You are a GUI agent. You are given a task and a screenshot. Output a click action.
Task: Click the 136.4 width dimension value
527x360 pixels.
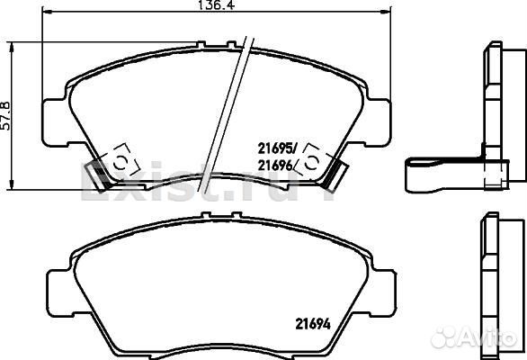coord(216,5)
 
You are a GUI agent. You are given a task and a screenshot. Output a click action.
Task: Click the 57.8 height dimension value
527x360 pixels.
coord(5,116)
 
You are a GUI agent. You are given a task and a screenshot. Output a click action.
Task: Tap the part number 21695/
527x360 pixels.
coord(278,148)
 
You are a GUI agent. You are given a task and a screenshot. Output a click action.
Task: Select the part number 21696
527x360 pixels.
coord(275,166)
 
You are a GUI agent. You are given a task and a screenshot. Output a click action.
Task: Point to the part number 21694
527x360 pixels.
coord(313,324)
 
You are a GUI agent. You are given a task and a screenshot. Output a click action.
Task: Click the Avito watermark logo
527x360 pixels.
coord(474,337)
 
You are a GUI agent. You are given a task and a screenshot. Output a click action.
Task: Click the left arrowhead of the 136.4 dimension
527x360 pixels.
coord(47,12)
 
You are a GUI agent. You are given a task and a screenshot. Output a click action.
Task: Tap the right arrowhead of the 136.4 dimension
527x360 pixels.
coord(386,12)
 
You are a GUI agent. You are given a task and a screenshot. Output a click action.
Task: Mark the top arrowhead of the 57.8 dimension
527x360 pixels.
coord(12,48)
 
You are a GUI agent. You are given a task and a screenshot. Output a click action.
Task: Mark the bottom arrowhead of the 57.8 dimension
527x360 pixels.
coord(12,184)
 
